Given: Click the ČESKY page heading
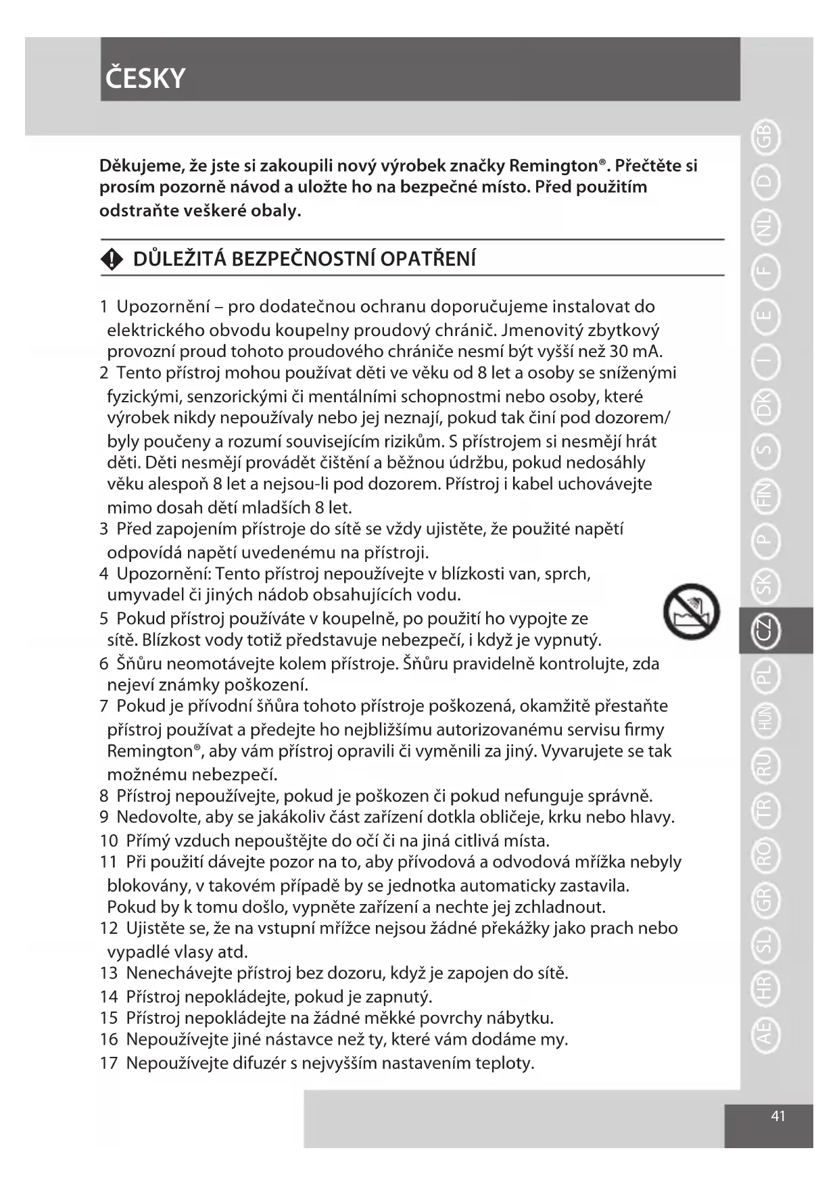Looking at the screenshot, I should coord(145,78).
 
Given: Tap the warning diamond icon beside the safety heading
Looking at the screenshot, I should coord(112,259).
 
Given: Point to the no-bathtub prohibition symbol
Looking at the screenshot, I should coord(691,611).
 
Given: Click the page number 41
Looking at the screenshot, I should coord(778,1116).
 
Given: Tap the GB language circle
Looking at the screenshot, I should coord(765,137).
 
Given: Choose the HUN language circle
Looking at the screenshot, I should coord(765,721).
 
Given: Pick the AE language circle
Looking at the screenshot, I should coord(765,1034).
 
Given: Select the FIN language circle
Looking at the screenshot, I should coord(765,497).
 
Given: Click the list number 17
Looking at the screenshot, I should coord(109,1063).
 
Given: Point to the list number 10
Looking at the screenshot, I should coord(109,840).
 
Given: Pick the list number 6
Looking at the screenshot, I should coord(104,663).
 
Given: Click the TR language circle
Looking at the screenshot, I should coord(765,810).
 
